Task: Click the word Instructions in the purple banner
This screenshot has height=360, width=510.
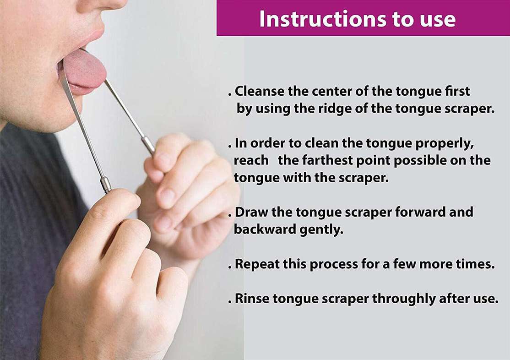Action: [323, 19]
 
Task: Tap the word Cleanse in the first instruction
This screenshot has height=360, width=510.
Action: [260, 91]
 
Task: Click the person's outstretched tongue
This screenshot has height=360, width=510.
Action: [84, 69]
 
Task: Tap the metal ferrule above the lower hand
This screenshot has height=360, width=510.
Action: [106, 185]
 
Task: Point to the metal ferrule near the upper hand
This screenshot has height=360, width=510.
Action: [148, 146]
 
